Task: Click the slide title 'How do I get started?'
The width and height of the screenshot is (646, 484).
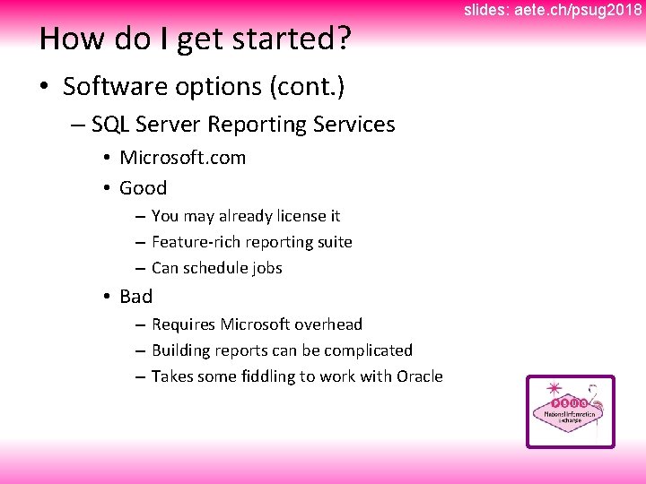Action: [195, 39]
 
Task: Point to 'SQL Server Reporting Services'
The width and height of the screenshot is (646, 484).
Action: [242, 125]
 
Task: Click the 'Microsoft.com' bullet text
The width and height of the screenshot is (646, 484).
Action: [182, 158]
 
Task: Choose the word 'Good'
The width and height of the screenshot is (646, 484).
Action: [143, 188]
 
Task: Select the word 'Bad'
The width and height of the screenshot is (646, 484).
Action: [135, 297]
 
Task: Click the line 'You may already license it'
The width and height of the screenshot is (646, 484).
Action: [245, 216]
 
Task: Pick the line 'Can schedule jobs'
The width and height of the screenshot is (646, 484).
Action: [216, 268]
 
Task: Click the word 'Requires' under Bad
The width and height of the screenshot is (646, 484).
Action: [183, 324]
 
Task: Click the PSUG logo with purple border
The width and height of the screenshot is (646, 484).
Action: [570, 411]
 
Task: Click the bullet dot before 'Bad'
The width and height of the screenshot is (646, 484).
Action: [106, 297]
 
